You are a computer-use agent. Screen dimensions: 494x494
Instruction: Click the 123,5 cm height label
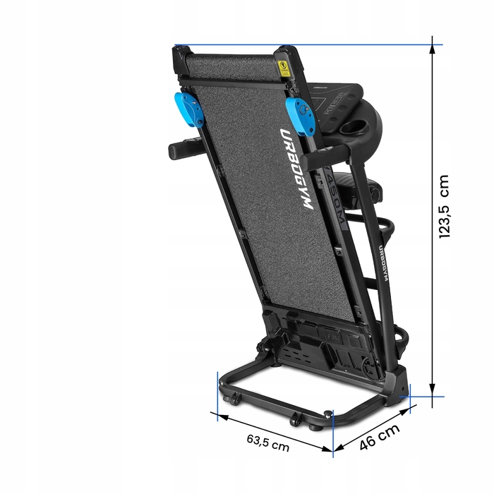[x=444, y=206]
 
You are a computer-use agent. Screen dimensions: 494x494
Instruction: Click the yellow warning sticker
[x=283, y=68]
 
